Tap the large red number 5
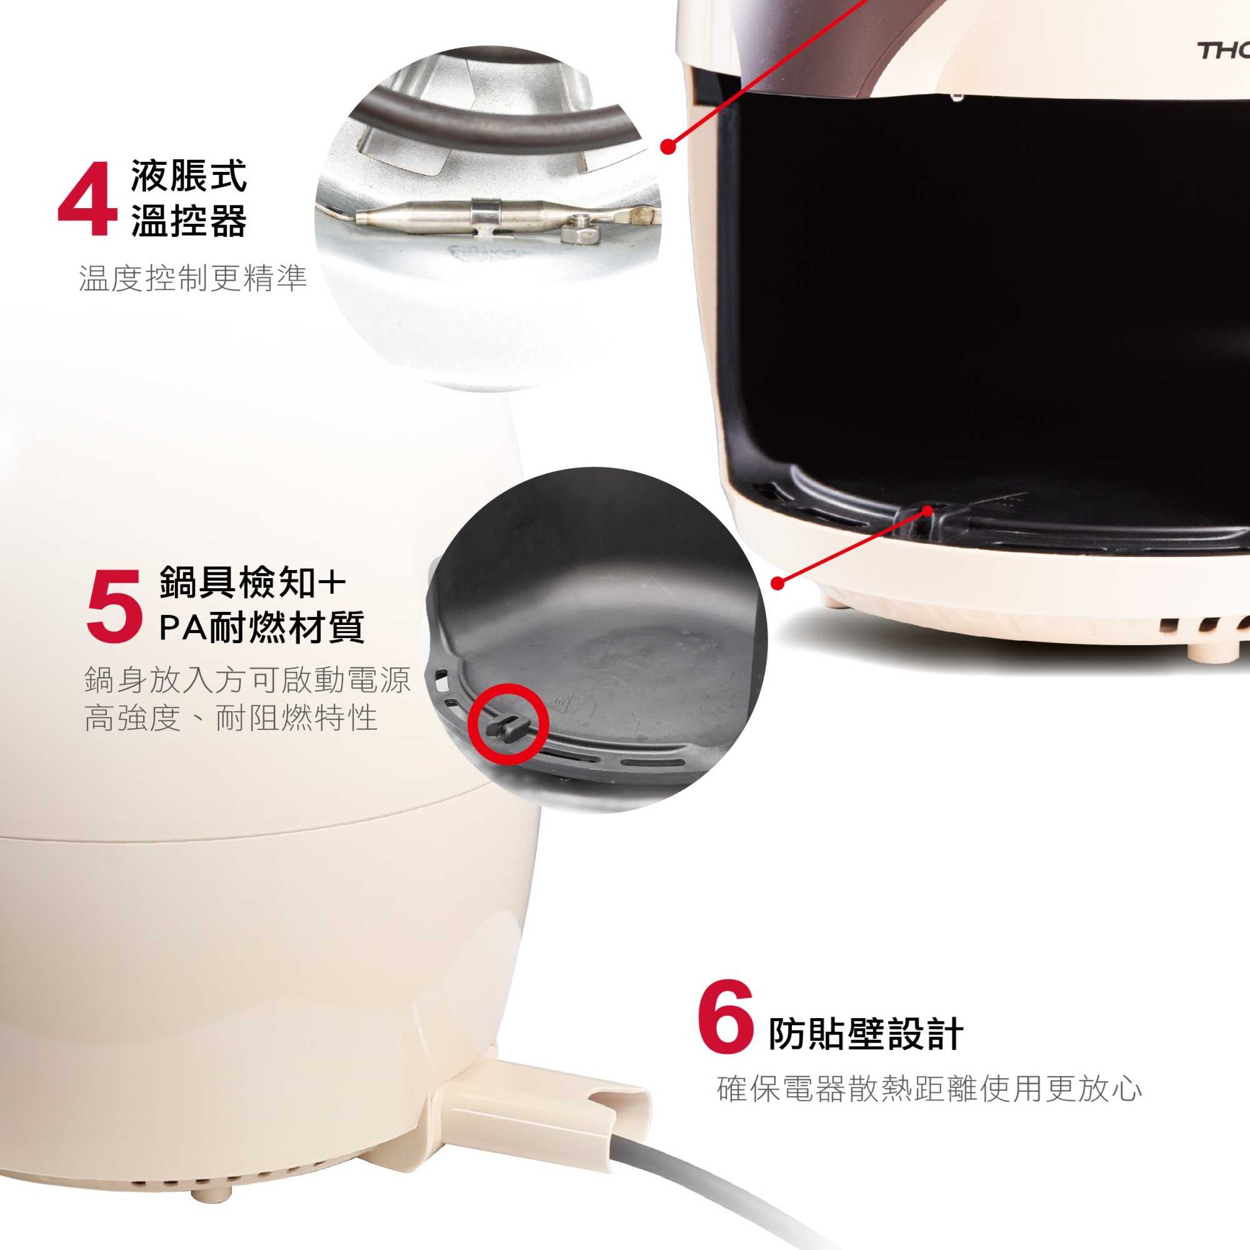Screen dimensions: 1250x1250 tap(114, 606)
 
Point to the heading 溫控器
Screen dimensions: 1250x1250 tap(189, 221)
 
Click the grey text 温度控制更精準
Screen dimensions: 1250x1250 tap(192, 278)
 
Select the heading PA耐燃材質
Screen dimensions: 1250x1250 tap(262, 627)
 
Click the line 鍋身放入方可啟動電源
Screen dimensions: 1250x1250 tap(247, 679)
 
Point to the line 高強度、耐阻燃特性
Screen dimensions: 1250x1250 tap(231, 718)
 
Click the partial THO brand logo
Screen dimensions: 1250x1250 tap(1222, 51)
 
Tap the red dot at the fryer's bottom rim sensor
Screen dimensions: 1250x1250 tap(927, 511)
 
